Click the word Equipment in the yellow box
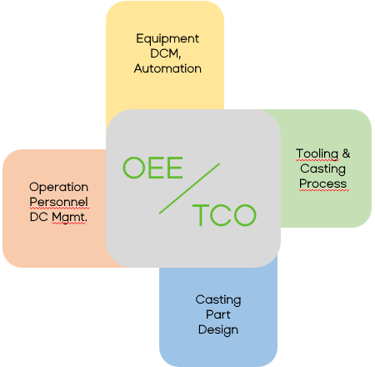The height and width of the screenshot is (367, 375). pos(167,39)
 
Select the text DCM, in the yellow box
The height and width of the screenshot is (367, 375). pos(166,53)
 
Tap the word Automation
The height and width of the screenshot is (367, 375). pos(167,68)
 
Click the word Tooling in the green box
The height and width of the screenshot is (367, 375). pos(317,154)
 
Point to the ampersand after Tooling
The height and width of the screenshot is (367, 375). pos(346,153)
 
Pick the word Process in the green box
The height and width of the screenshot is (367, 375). pos(323,183)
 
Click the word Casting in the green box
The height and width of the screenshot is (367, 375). pos(322,169)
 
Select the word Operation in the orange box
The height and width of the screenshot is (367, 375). pos(58,188)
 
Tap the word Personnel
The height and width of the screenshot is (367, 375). pos(58,202)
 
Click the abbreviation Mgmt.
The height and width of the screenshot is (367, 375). pos(69,218)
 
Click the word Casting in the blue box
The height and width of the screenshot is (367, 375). pos(218,300)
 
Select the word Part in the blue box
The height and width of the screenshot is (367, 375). pos(218,314)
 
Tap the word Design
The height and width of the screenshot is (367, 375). pos(218,330)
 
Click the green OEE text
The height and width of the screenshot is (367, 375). pos(152,168)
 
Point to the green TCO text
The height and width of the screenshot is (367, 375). pos(224,215)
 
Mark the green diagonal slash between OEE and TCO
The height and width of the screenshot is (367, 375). pos(189,189)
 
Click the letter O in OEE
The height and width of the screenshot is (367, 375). pos(134,168)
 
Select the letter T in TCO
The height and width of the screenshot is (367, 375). pos(201,215)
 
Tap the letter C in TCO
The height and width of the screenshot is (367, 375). pos(221,215)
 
